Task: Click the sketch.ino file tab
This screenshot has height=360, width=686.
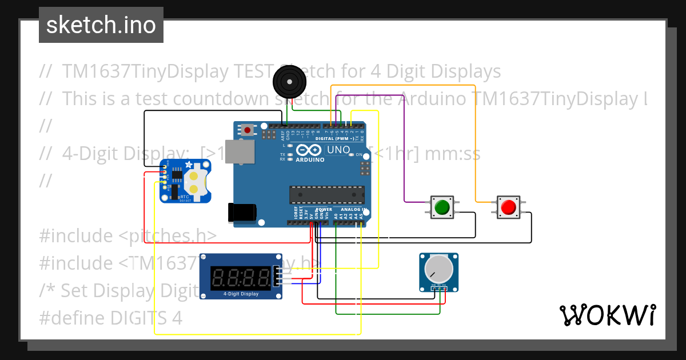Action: click(101, 25)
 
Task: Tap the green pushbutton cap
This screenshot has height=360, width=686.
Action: click(441, 207)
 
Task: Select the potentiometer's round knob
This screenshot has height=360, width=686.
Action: click(439, 268)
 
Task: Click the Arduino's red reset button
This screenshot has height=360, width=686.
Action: click(247, 130)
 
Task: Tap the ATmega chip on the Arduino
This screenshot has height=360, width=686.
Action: click(326, 195)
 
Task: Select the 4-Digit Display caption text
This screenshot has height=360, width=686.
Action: click(241, 294)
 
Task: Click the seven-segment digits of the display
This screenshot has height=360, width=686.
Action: click(241, 278)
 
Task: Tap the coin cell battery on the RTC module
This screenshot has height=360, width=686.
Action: click(194, 181)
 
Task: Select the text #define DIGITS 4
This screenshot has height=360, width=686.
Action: click(111, 318)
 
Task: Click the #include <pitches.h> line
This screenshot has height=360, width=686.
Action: click(128, 235)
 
